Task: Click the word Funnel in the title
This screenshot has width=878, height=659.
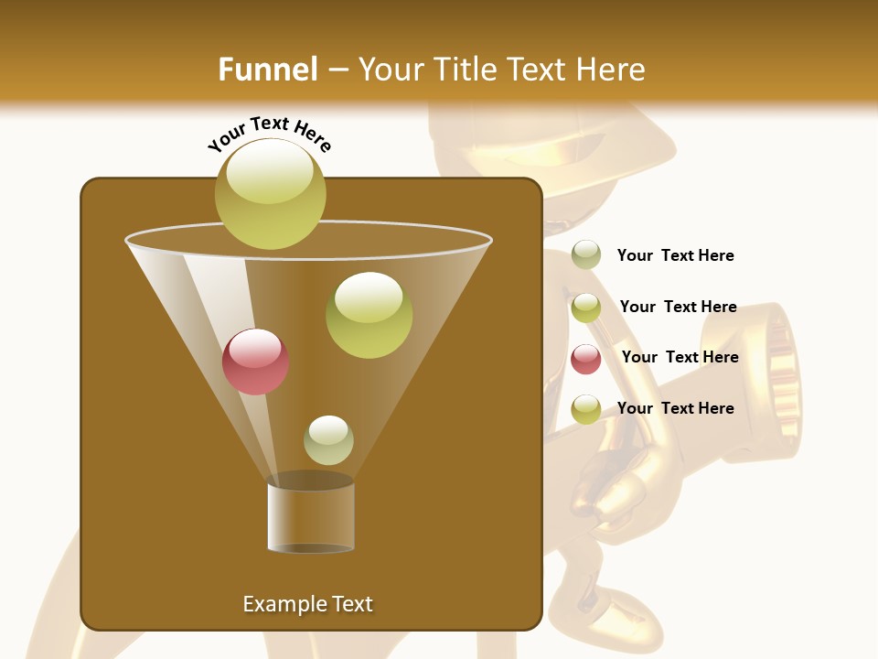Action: coord(267,70)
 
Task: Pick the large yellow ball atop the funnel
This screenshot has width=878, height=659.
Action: coord(270,193)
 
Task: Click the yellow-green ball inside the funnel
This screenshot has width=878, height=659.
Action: coord(369,315)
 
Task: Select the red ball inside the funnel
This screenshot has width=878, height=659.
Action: coord(255,362)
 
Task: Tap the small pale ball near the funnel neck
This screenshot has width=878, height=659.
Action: coord(328,439)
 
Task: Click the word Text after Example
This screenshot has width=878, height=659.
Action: coord(351,604)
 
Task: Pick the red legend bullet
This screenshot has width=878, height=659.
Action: coord(585,359)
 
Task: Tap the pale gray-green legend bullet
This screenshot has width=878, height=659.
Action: coord(585,255)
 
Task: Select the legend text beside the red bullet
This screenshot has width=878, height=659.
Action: coord(680,357)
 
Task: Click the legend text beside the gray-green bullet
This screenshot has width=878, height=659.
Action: coord(675,255)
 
